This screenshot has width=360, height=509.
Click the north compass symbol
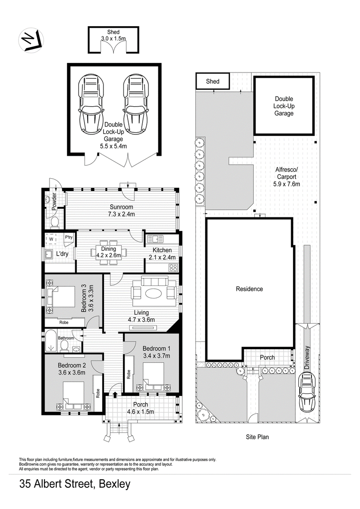[x=31, y=41]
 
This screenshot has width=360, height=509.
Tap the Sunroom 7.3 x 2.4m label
[x=121, y=210]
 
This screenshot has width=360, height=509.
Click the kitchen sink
[x=155, y=239]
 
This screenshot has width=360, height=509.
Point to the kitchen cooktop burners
[x=173, y=267]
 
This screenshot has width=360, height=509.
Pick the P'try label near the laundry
[x=68, y=237]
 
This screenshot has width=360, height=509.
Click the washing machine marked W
[x=51, y=239]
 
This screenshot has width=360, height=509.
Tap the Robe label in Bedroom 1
[x=129, y=374]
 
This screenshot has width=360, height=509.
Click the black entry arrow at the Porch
[x=115, y=394]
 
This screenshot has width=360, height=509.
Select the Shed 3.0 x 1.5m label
[x=113, y=35]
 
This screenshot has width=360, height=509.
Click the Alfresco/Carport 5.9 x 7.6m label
[x=287, y=177]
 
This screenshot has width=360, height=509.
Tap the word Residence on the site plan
[x=249, y=289]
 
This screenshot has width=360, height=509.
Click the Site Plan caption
[x=257, y=437]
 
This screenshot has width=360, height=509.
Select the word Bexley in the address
[x=114, y=485]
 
